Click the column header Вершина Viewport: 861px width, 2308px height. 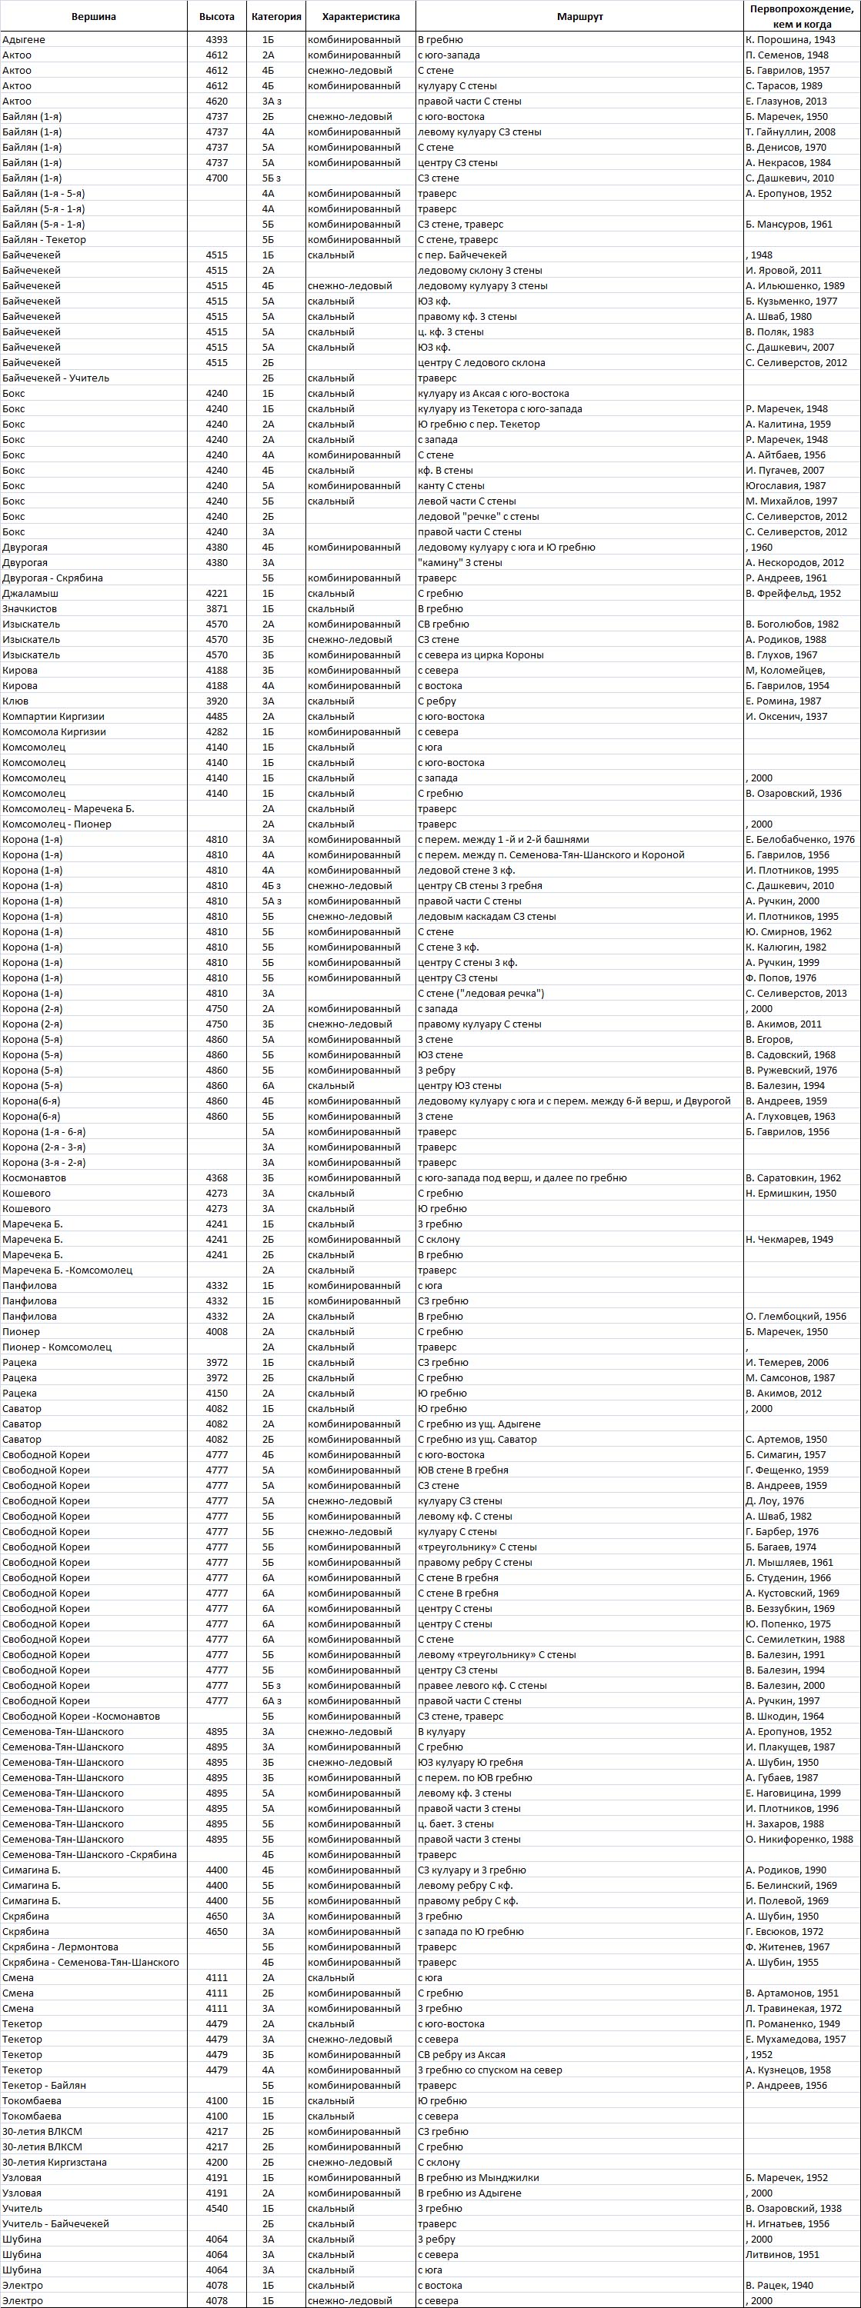click(94, 17)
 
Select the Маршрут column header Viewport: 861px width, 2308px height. click(579, 17)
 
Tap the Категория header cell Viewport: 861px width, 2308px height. click(277, 17)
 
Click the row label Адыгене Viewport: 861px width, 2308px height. click(24, 39)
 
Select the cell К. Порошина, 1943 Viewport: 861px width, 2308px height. click(790, 39)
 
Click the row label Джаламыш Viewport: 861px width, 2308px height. click(31, 593)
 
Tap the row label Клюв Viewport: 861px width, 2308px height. click(15, 701)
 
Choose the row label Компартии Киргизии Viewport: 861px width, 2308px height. click(53, 716)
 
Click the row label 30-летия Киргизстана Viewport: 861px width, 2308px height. click(55, 2162)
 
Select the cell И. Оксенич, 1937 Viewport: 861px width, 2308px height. click(786, 716)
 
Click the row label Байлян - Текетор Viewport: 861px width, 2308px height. click(45, 239)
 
